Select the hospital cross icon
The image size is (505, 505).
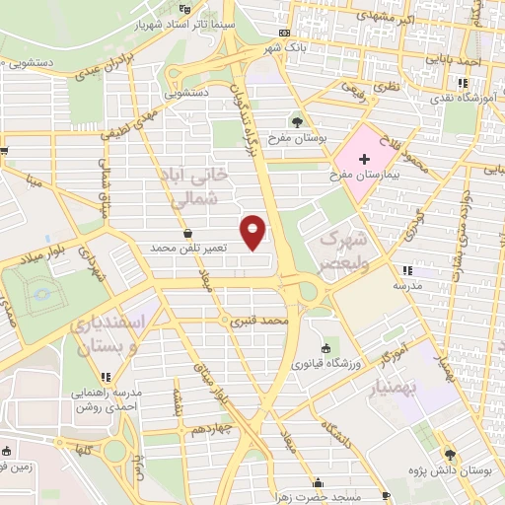point(364,158)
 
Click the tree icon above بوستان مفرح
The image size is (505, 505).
point(297,122)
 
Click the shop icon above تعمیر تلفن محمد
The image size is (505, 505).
point(187,233)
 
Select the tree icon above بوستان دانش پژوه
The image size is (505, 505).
point(451,454)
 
